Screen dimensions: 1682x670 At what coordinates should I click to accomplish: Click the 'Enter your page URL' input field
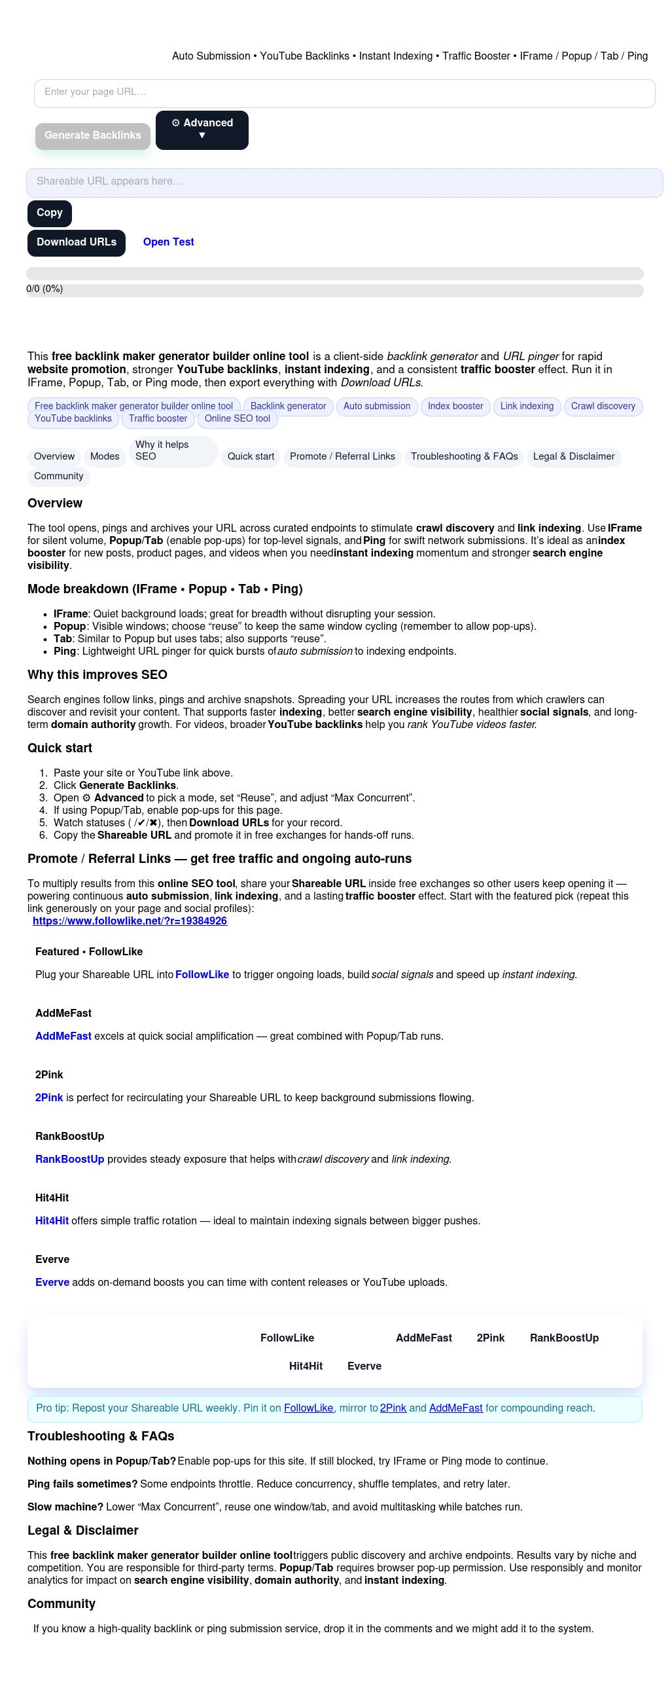344,93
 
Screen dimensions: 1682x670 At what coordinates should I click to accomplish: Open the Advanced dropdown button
202,130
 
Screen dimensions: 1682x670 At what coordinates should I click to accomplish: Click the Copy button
49,213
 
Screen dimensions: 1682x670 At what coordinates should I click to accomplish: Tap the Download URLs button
76,243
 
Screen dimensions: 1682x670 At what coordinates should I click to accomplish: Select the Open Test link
168,242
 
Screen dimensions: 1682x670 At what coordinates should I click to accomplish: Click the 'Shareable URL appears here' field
344,182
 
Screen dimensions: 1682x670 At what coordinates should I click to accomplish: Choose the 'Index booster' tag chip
455,407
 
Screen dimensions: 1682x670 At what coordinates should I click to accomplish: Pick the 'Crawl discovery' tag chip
603,407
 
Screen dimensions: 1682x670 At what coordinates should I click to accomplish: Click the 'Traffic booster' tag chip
158,419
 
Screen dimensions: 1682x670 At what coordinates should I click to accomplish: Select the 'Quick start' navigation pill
251,457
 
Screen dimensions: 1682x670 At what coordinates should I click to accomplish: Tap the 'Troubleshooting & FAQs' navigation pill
464,457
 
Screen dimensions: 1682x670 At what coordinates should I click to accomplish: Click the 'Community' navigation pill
58,477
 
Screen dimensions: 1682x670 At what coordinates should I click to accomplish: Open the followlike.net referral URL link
130,921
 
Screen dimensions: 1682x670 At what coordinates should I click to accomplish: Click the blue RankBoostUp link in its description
69,1160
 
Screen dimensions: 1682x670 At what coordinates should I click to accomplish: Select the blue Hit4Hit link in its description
52,1221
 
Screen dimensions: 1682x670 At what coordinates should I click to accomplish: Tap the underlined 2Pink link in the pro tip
393,1408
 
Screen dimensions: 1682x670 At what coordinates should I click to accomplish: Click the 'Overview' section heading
55,503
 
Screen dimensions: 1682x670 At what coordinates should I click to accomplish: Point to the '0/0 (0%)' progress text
44,289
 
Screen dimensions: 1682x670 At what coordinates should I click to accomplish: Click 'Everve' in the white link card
364,1366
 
